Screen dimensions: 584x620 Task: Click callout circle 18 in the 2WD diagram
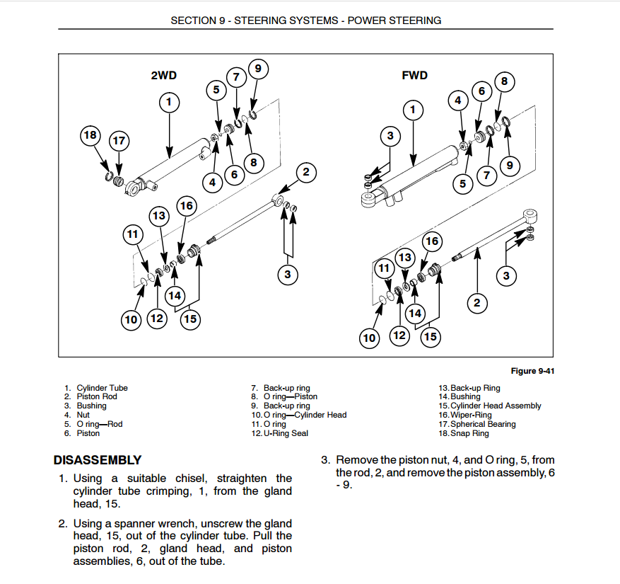(x=90, y=135)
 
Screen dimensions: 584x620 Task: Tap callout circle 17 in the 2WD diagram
(x=119, y=141)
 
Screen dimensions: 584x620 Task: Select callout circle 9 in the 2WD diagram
(x=258, y=69)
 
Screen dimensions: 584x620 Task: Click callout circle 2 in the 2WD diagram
(x=306, y=172)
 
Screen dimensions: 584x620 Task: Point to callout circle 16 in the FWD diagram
(x=431, y=241)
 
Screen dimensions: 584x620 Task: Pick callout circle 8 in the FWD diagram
(x=504, y=81)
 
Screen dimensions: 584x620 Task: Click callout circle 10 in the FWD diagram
(x=369, y=338)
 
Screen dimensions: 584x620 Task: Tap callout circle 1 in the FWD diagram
(x=413, y=110)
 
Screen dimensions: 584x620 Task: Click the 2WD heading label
(x=164, y=75)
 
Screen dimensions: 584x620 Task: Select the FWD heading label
(x=415, y=75)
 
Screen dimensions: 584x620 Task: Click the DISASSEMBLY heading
(x=98, y=460)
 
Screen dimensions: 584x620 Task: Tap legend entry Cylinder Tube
(x=102, y=388)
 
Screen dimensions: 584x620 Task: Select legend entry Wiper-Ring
(x=470, y=415)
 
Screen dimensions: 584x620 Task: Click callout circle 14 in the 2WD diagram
(x=174, y=295)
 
